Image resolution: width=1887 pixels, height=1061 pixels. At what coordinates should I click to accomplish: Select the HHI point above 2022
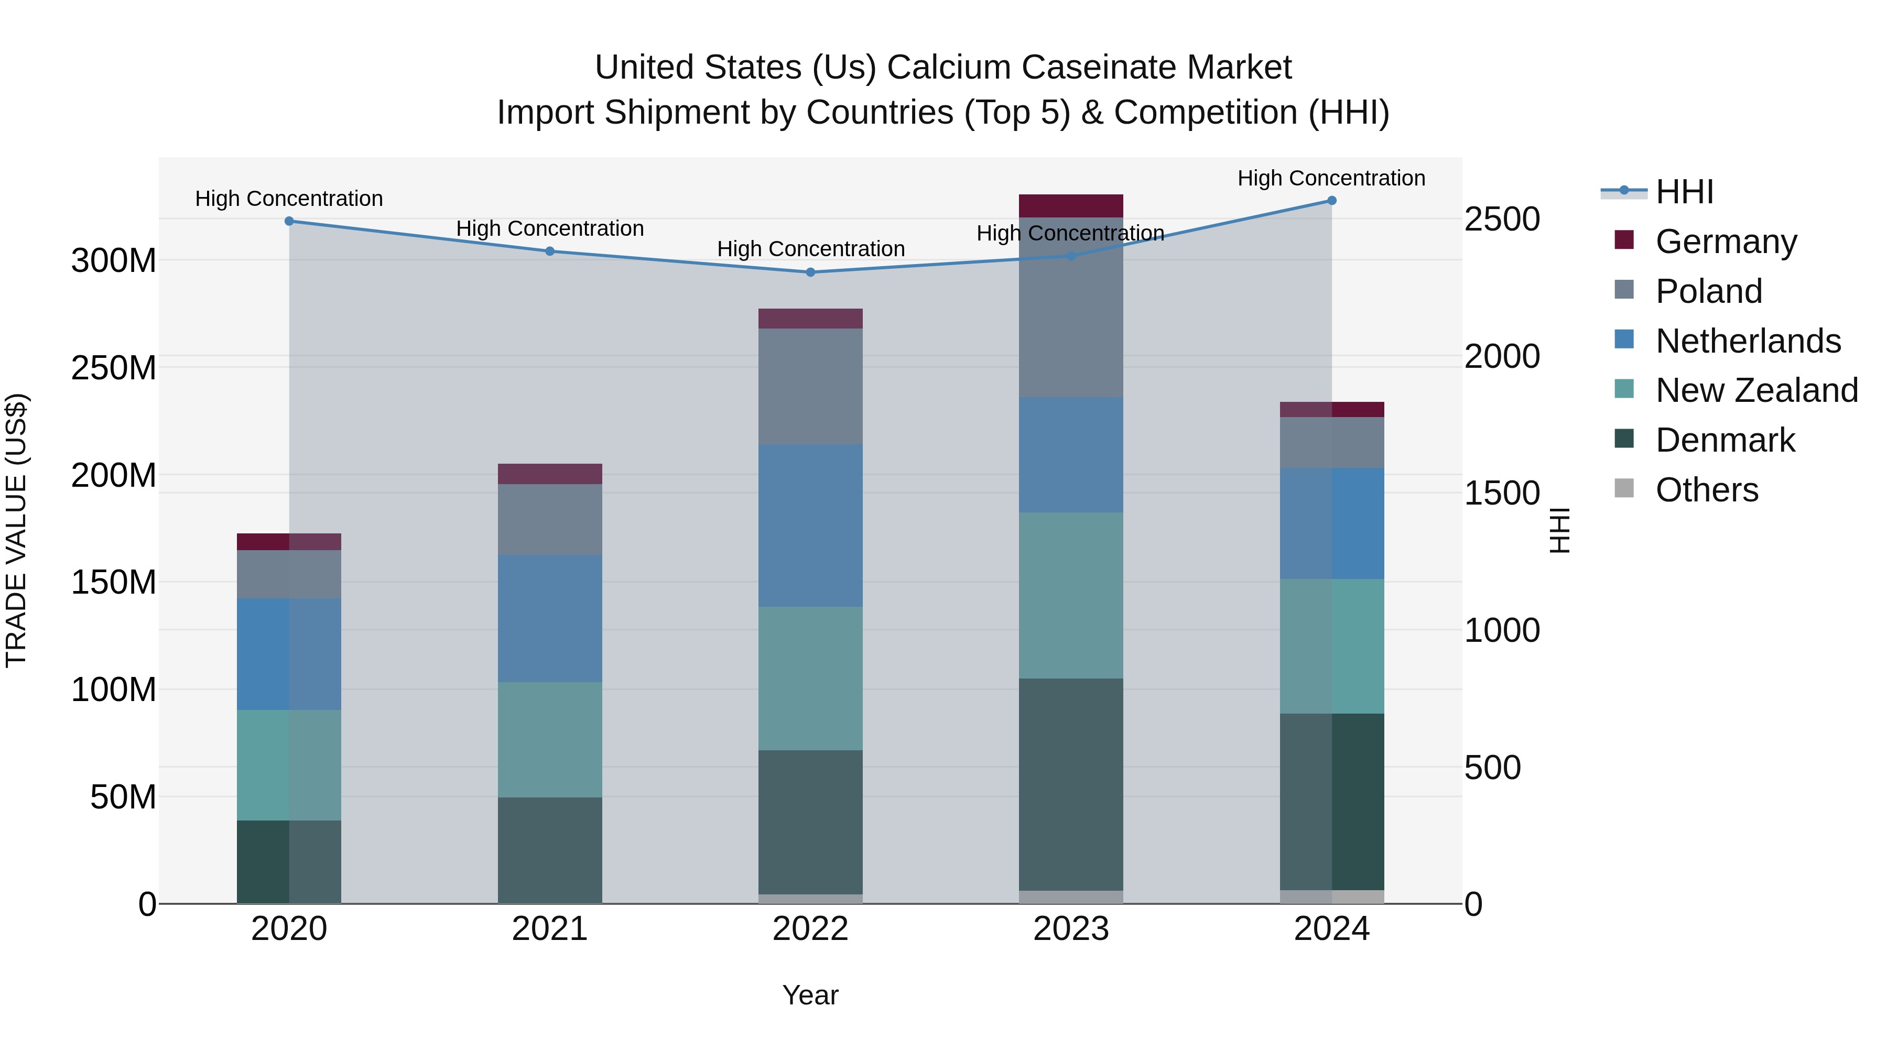pyautogui.click(x=810, y=272)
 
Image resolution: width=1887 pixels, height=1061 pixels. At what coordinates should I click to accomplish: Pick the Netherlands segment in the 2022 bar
pyautogui.click(x=810, y=525)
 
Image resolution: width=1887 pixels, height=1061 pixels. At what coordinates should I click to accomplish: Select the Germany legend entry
pyautogui.click(x=1725, y=242)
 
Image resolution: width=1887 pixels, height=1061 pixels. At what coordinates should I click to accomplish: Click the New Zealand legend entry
pyautogui.click(x=1756, y=390)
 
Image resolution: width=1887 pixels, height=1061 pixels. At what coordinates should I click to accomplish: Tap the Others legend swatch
pyautogui.click(x=1624, y=488)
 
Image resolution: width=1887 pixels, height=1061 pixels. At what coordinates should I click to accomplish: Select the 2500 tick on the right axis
pyautogui.click(x=1502, y=220)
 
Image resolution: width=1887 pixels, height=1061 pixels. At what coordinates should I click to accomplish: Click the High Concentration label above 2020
pyautogui.click(x=289, y=199)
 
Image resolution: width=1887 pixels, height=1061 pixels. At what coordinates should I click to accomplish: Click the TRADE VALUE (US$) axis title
pyautogui.click(x=16, y=530)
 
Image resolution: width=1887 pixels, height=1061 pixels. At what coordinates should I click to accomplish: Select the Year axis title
pyautogui.click(x=810, y=995)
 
